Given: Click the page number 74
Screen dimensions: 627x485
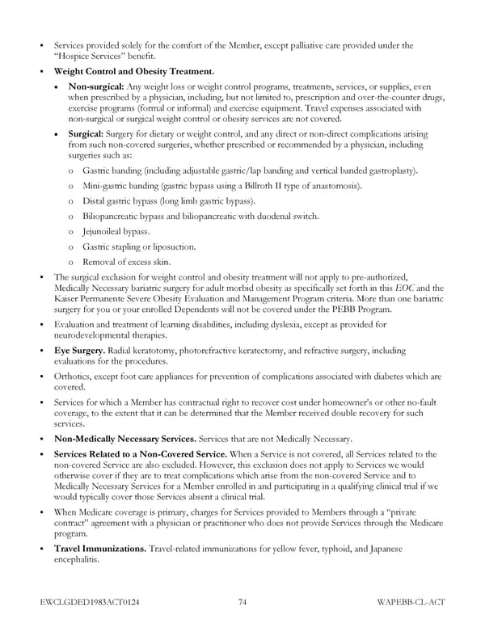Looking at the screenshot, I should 242,602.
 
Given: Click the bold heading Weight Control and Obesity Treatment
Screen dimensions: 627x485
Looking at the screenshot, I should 133,71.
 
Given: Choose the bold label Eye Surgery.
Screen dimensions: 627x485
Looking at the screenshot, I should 78,351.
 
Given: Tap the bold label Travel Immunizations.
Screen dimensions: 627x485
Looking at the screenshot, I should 100,549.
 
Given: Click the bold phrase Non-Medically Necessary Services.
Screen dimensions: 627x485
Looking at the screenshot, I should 129,439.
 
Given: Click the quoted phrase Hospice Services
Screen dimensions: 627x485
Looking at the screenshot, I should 91,56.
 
